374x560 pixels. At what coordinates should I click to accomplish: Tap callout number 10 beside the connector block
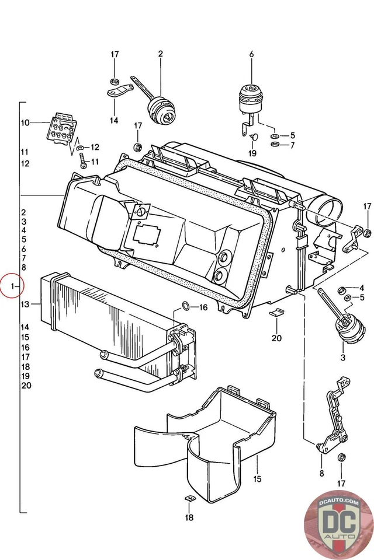25,123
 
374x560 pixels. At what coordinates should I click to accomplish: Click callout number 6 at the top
251,55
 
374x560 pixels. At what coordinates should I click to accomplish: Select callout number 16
203,307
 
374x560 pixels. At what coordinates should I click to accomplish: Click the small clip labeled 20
276,313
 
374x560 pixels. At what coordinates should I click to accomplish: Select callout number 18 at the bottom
189,517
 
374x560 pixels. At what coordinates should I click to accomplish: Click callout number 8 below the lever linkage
321,473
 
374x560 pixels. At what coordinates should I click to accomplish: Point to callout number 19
252,153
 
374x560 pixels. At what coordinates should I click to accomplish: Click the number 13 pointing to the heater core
25,304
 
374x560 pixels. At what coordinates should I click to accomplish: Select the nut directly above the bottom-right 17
342,457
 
